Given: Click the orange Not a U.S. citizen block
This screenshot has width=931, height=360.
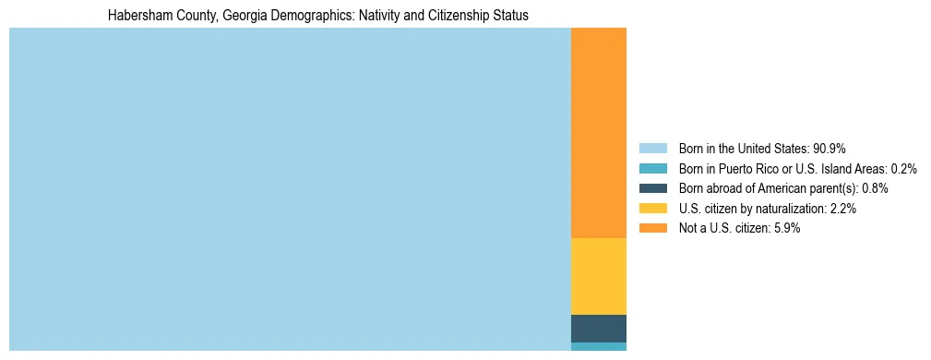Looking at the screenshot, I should pos(599,133).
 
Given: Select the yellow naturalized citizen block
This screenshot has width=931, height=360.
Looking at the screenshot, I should pos(599,276).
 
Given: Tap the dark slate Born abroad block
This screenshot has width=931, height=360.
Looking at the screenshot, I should pos(599,328).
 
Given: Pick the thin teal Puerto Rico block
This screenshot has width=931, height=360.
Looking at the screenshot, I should pos(599,346).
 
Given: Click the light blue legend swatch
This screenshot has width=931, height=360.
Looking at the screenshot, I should pos(652,148).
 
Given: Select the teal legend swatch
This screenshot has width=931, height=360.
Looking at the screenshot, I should pos(652,168).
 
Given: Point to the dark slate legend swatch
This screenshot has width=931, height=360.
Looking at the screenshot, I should pos(652,188).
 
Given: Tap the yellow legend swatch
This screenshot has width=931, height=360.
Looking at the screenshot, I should pos(652,209).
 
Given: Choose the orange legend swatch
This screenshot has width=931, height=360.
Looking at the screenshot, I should pos(652,228).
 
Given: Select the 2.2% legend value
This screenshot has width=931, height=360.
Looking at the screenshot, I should pos(842,209).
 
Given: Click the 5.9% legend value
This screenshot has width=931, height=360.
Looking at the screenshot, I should pos(786,228).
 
